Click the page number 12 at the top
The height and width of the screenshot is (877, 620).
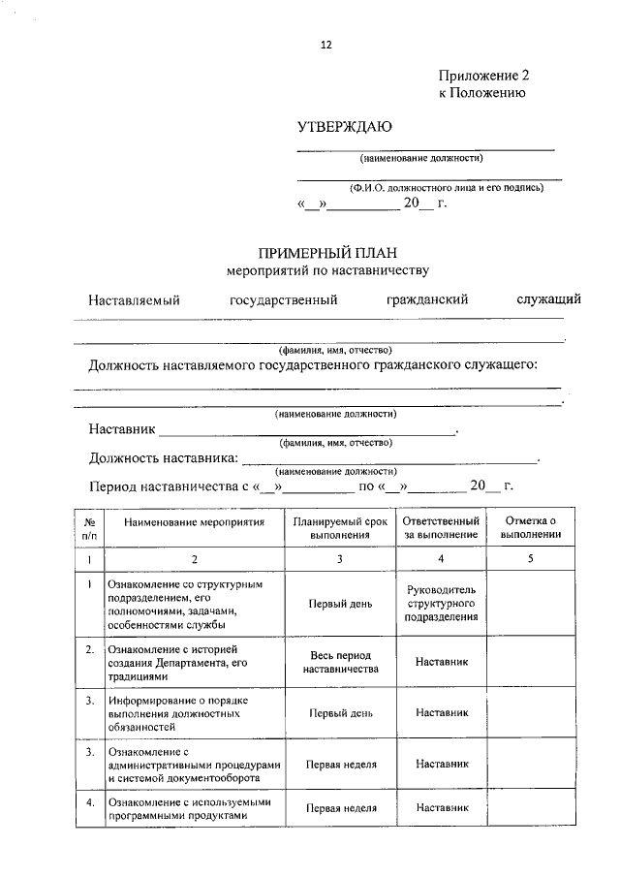(326, 45)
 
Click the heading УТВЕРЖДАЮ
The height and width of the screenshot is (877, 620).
(344, 127)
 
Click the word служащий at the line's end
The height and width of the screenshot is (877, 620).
(548, 299)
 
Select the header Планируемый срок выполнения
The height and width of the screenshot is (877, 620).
(340, 527)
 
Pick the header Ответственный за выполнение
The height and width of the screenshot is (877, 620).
(441, 527)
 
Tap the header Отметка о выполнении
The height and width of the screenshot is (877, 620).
(531, 527)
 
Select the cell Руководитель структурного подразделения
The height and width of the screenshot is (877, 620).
(441, 603)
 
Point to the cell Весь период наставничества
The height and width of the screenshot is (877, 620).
(340, 662)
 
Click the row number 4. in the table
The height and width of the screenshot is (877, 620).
(88, 802)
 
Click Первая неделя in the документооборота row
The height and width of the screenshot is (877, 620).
(340, 764)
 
